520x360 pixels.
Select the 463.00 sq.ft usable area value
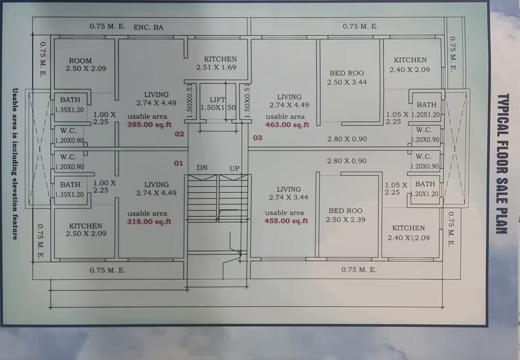click(287, 125)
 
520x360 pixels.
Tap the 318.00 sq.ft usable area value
click(149, 222)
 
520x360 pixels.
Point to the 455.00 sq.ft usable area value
click(286, 221)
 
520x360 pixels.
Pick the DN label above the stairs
click(202, 168)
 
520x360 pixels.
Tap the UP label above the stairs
click(234, 168)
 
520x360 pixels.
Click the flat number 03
click(258, 138)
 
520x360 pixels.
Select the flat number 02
click(179, 134)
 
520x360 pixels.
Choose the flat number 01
click(178, 163)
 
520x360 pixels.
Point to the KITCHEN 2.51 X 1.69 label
click(220, 63)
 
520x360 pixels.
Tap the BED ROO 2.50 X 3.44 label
click(347, 78)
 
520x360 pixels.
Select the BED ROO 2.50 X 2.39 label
click(346, 215)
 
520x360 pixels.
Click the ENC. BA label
click(149, 27)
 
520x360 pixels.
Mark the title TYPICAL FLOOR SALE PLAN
click(503, 163)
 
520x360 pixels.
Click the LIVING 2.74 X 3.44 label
click(289, 193)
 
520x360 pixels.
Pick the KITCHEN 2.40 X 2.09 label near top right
click(410, 65)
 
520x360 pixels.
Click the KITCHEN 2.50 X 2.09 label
click(85, 230)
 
